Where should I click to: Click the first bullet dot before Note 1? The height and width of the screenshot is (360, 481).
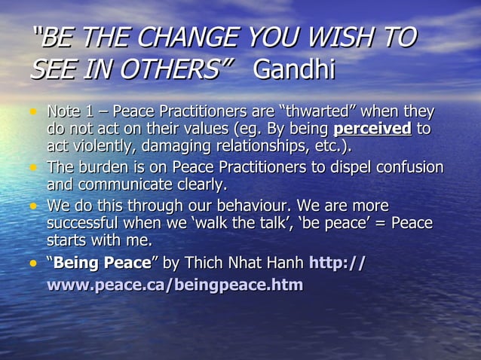point(33,114)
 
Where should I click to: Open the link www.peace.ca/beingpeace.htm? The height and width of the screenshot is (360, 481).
point(175,285)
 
